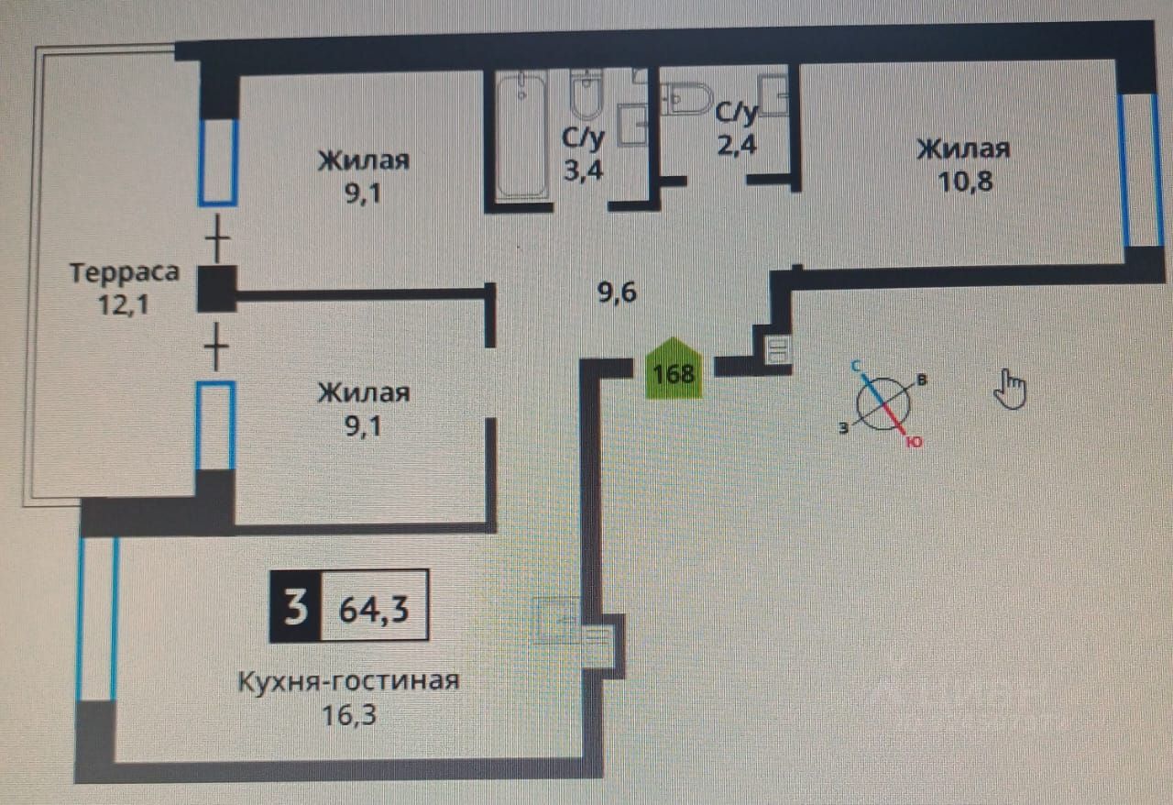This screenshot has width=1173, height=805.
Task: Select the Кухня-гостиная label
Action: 347,683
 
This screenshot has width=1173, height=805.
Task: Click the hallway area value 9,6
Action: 616,293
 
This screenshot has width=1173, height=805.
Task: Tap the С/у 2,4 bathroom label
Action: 737,128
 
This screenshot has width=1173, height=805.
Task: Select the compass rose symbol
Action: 883,403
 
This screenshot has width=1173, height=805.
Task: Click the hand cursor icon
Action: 1011,388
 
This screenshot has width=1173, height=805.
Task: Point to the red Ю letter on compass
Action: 913,442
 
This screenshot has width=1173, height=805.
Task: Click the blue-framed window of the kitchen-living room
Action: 97,619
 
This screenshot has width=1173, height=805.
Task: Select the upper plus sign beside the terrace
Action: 216,243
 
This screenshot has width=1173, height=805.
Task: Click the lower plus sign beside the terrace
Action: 216,347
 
